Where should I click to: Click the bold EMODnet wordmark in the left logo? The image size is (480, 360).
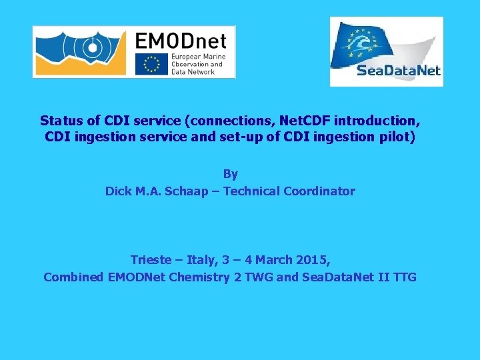pos(181,41)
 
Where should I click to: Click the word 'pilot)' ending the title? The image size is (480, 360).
pos(397,137)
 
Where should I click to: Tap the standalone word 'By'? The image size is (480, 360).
pos(230,174)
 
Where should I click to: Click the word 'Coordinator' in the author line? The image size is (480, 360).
pos(319,191)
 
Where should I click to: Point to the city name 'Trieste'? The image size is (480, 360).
pos(151,259)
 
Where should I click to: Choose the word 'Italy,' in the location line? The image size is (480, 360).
pos(202,259)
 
